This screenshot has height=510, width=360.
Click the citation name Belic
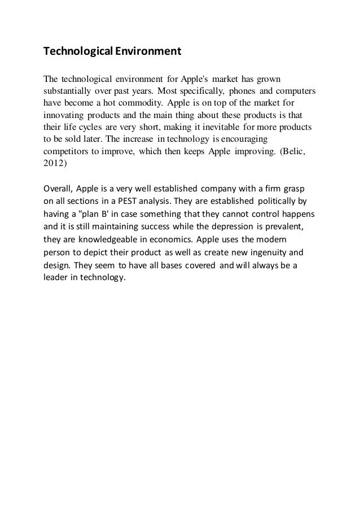point(293,152)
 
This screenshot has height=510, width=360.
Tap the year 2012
point(54,165)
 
